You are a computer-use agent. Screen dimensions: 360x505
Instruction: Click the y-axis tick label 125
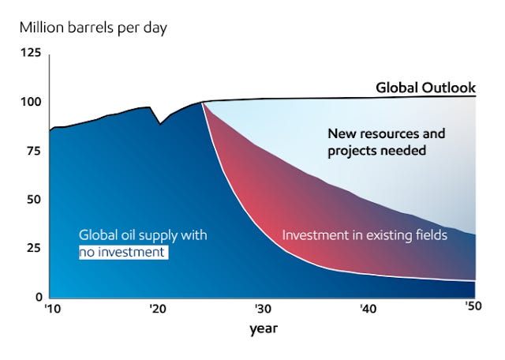[x=29, y=53]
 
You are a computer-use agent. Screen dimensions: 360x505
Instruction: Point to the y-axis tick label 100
[x=29, y=103]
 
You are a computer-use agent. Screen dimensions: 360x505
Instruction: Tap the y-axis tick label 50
[x=32, y=201]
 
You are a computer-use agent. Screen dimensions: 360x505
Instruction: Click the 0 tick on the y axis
[x=36, y=298]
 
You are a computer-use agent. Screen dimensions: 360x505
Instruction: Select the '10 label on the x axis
[x=52, y=309]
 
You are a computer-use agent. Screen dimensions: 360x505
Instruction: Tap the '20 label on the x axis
[x=156, y=309]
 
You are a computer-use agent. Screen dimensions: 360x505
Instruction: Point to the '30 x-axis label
[x=262, y=309]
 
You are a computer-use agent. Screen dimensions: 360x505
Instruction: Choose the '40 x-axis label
[x=368, y=309]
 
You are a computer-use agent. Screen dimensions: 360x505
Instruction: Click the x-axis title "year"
[x=264, y=328]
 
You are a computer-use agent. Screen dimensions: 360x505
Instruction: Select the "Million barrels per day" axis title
[x=93, y=28]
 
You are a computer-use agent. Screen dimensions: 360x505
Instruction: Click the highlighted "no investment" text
[x=123, y=253]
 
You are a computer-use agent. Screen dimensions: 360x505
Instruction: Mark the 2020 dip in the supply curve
[x=160, y=124]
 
